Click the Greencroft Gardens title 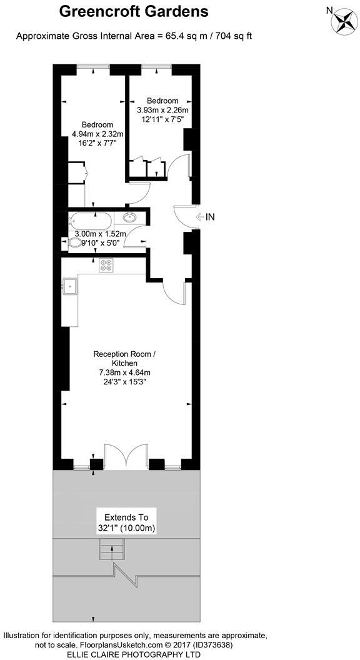click(134, 11)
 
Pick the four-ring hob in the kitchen click(106, 265)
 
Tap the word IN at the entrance click(210, 217)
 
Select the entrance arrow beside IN click(199, 217)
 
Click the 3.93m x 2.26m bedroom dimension click(162, 111)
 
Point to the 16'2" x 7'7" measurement click(97, 143)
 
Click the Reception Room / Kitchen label click(124, 359)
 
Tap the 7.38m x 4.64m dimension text click(124, 373)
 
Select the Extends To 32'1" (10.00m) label click(126, 522)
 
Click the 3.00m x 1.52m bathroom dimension click(101, 234)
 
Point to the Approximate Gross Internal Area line click(134, 36)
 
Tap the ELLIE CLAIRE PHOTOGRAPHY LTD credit click(134, 654)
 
